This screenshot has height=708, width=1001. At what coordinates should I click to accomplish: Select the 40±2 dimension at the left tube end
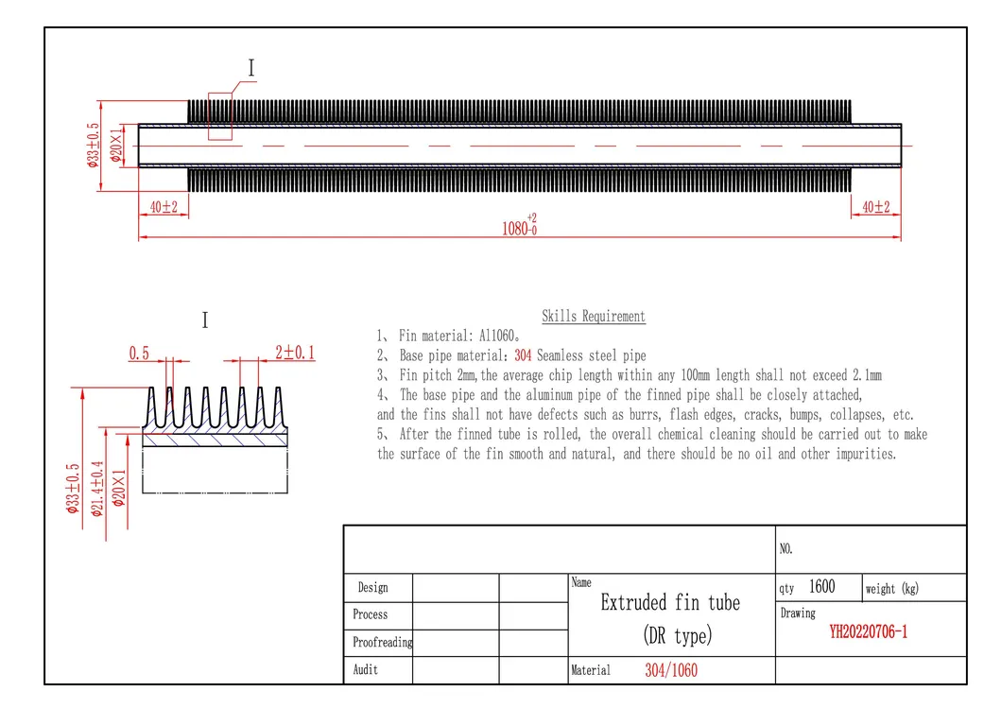pyautogui.click(x=164, y=206)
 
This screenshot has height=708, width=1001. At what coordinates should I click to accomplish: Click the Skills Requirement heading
pyautogui.click(x=593, y=317)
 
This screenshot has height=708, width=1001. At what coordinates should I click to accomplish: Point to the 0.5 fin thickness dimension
pyautogui.click(x=140, y=354)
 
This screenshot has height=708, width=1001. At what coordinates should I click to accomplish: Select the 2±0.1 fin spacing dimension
pyautogui.click(x=294, y=354)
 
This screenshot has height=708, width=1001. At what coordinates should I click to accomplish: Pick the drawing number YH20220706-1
pyautogui.click(x=868, y=632)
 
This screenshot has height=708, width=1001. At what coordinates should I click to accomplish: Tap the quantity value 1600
pyautogui.click(x=821, y=587)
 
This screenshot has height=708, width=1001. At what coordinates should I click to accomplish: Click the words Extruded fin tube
pyautogui.click(x=670, y=603)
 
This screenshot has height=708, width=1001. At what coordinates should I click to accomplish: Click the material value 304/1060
pyautogui.click(x=671, y=670)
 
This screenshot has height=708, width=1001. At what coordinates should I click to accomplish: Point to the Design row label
pyautogui.click(x=372, y=588)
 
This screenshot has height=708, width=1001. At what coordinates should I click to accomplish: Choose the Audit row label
pyautogui.click(x=366, y=669)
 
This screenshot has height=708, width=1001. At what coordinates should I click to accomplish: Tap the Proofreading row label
pyautogui.click(x=382, y=642)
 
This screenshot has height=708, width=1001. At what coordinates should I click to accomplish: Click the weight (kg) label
pyautogui.click(x=891, y=589)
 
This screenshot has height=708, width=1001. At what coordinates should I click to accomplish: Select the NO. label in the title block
pyautogui.click(x=786, y=548)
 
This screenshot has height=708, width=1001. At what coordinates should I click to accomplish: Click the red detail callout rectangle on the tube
pyautogui.click(x=220, y=116)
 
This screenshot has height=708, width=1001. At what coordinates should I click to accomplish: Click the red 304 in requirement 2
pyautogui.click(x=525, y=355)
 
